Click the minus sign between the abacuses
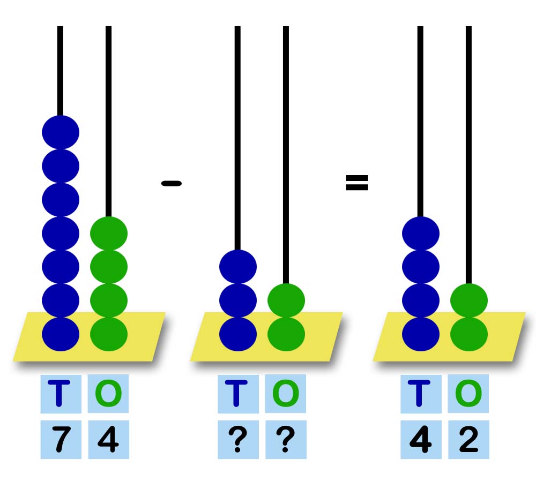tap(172, 183)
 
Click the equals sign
tap(357, 183)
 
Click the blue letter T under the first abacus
tap(61, 394)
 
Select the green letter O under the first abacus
tap(108, 394)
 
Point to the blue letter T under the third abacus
tap(421, 394)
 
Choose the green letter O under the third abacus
tap(468, 394)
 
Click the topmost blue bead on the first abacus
tap(61, 132)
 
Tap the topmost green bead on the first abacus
tap(109, 233)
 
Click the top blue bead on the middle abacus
tap(238, 267)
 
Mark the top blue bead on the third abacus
tap(421, 233)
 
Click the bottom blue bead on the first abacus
tap(61, 334)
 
